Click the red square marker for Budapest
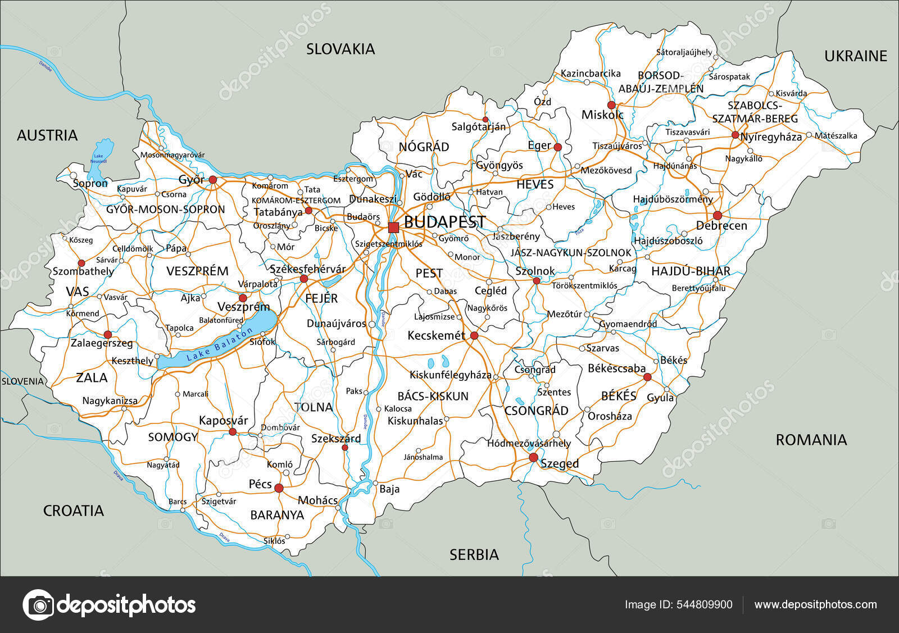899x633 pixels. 393,227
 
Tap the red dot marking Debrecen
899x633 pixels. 718,216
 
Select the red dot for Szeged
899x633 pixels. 533,458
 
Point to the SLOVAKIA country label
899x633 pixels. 340,49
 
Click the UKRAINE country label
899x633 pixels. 856,56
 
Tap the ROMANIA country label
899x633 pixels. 811,440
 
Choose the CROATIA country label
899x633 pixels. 74,511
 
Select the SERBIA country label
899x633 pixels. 474,555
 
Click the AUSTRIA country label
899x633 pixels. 47,135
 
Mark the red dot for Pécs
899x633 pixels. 279,488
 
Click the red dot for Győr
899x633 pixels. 213,180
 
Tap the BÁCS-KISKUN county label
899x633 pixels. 433,397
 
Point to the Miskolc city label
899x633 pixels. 602,115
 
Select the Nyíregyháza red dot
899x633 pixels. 735,135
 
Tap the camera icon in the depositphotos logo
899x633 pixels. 38,605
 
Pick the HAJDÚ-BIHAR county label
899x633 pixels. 691,271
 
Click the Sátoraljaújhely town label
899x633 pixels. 684,52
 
